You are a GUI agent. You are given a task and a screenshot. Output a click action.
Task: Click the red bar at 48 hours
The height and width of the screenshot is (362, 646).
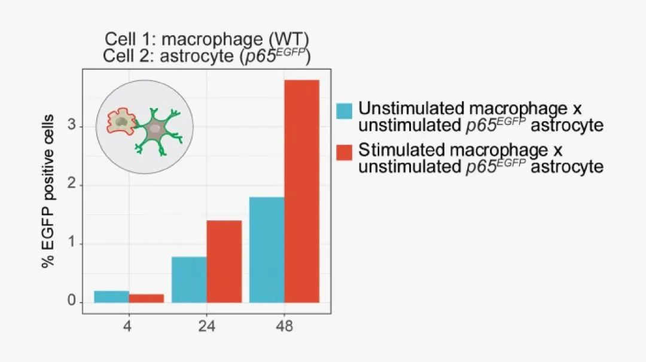pos(301,191)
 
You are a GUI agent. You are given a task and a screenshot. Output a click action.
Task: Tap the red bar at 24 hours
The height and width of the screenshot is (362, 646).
pos(224,262)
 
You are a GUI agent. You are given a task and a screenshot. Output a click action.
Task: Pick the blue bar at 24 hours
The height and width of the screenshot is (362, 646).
pos(189,280)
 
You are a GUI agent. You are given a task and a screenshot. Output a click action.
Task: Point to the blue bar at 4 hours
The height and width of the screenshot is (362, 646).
pos(111,296)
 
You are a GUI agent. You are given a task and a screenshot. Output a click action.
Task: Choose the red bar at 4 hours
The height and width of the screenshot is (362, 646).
pos(147,298)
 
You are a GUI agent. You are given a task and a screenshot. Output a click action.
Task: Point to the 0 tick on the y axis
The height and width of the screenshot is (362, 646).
pos(72,302)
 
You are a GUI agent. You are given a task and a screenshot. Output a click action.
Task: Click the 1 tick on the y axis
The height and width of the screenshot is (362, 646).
pos(72,244)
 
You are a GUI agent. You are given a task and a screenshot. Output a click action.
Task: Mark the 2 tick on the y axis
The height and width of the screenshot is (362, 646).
pos(72,185)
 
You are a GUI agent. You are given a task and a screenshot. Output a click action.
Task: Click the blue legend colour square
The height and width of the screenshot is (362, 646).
pos(344,111)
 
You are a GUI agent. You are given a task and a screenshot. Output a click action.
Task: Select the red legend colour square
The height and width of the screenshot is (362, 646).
pos(344,152)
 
